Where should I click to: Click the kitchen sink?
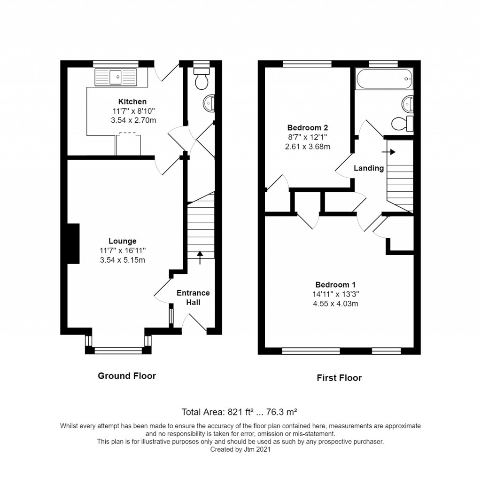coord(116,77)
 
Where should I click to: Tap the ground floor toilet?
coord(202,78)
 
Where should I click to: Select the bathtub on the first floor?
coord(384,79)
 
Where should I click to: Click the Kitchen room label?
coord(132,102)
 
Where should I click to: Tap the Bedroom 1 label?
coord(335,284)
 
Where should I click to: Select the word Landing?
coord(369,168)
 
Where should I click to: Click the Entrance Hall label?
coord(193,297)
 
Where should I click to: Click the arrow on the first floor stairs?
coord(389,152)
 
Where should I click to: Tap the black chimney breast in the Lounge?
coord(73,243)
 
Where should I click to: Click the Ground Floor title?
coord(126,376)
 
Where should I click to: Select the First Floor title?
coord(339,377)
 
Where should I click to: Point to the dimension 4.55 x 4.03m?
coord(335,303)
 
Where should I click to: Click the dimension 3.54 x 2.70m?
coord(132,120)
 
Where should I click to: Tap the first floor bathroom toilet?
coord(401,124)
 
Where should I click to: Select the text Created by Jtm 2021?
coord(240,449)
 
